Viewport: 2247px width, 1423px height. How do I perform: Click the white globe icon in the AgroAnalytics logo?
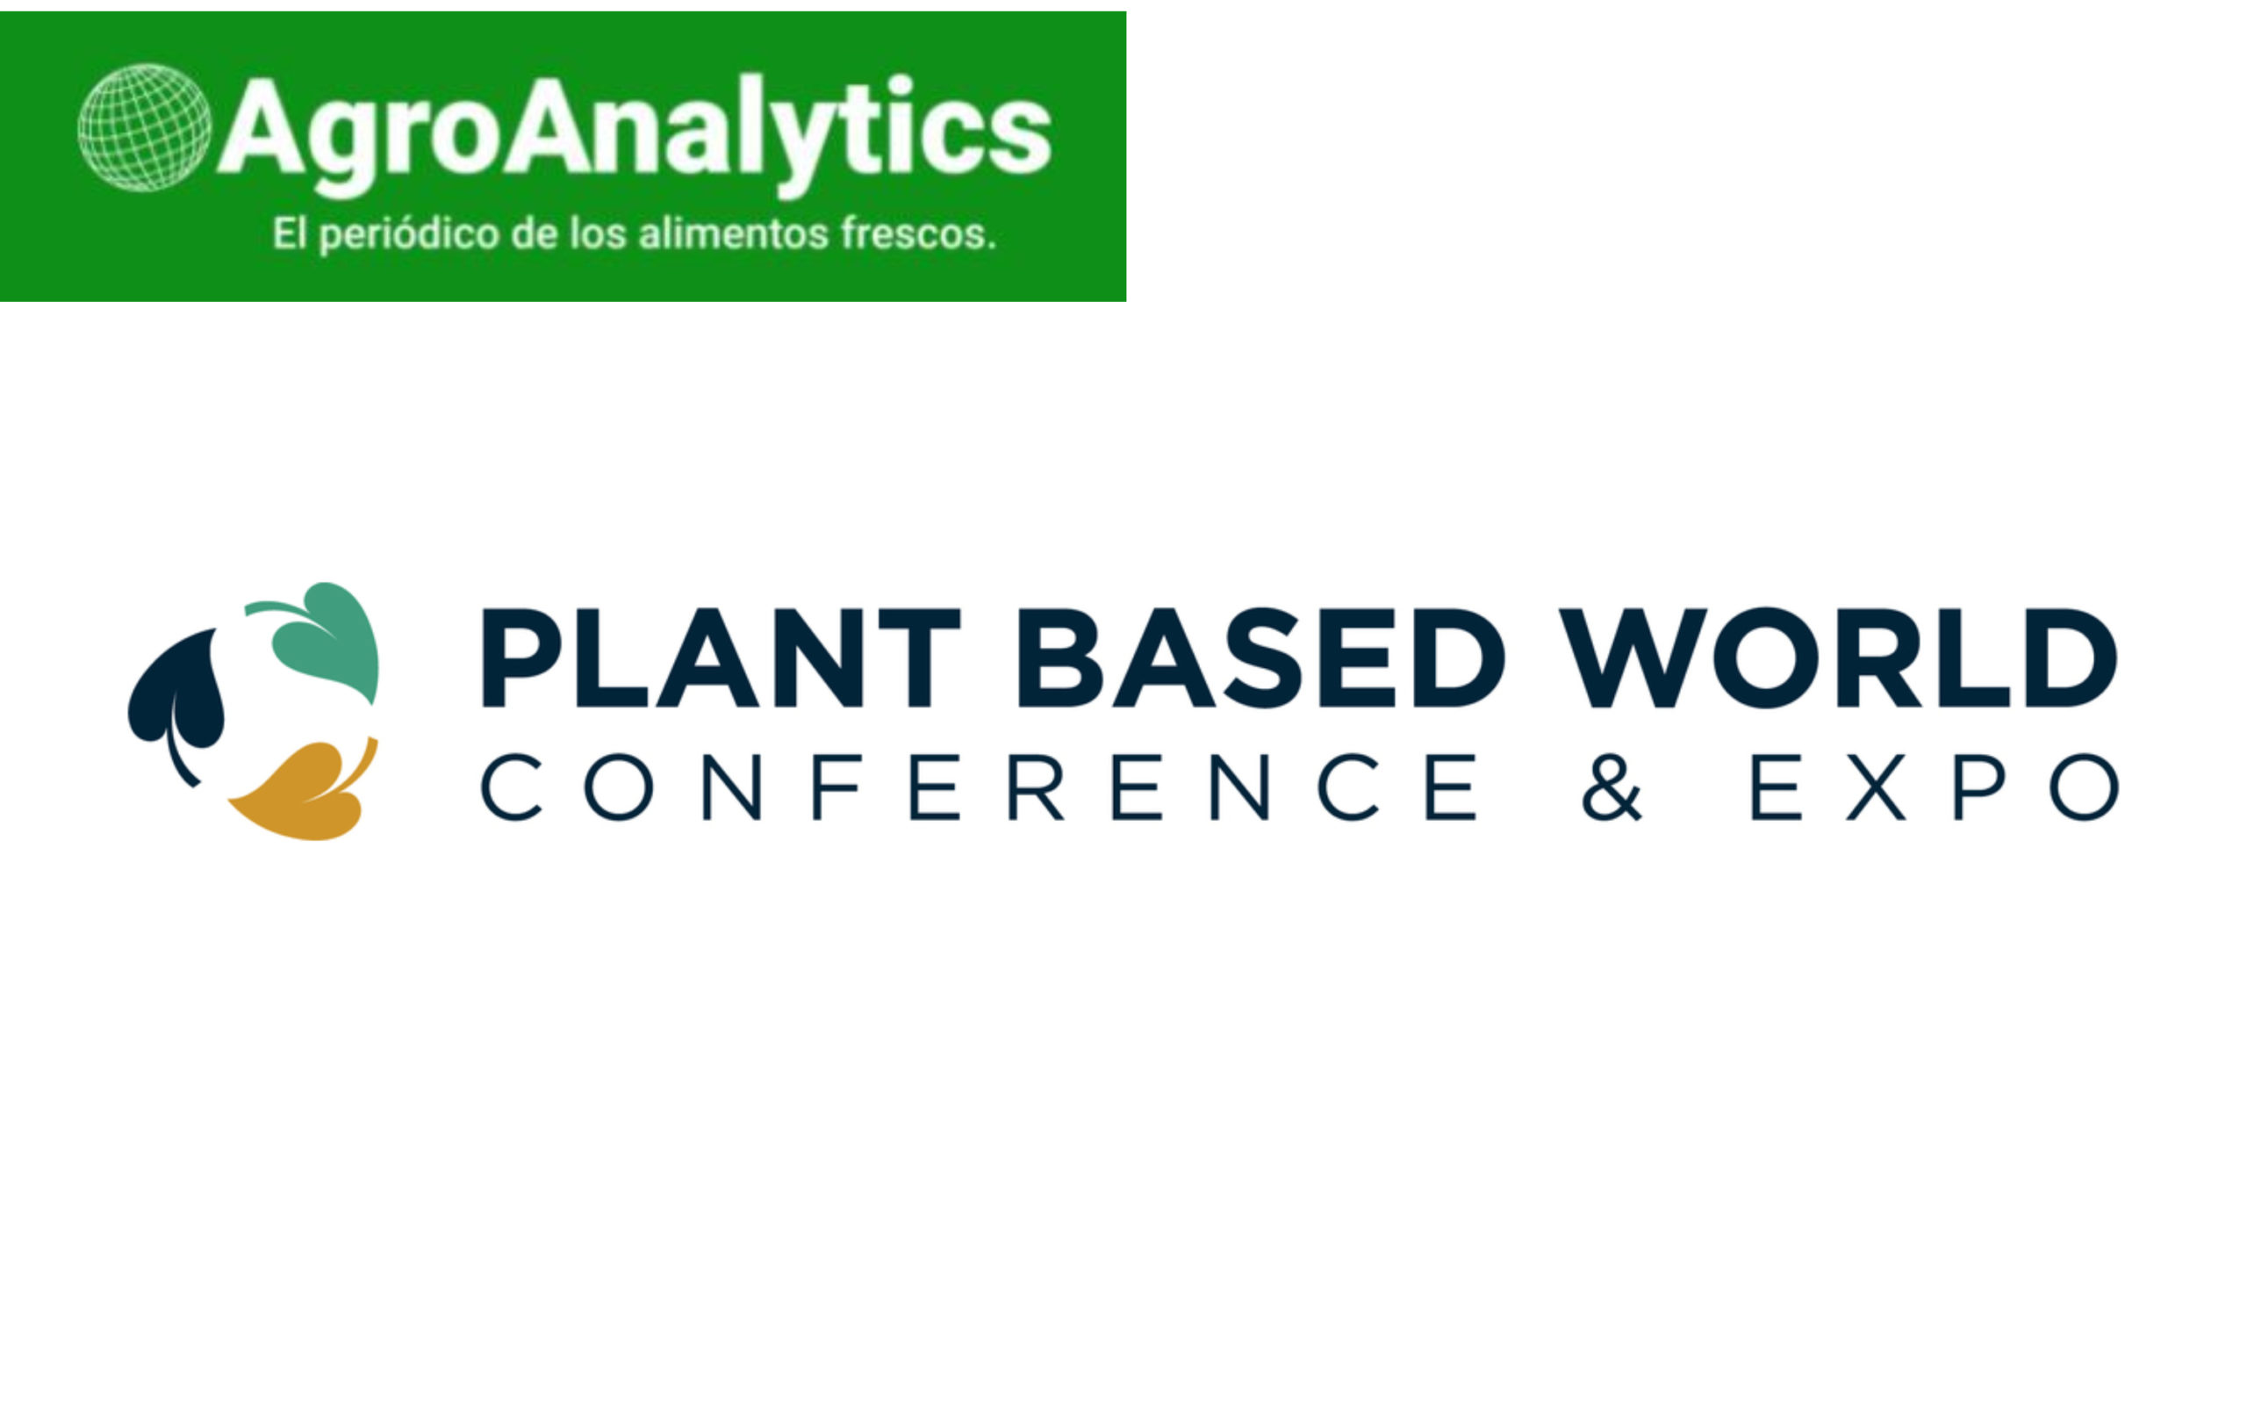click(145, 128)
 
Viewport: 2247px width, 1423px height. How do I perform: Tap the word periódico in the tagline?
click(410, 235)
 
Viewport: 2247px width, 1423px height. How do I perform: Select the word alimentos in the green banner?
click(734, 234)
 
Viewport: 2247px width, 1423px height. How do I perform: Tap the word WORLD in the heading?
click(1837, 658)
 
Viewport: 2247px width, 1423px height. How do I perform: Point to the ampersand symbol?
click(1612, 787)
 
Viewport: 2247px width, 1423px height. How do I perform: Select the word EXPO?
click(1935, 787)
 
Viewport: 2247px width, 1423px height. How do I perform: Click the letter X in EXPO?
click(1876, 787)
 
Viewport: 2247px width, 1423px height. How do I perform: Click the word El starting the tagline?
click(290, 234)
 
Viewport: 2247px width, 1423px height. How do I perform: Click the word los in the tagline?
click(598, 234)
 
